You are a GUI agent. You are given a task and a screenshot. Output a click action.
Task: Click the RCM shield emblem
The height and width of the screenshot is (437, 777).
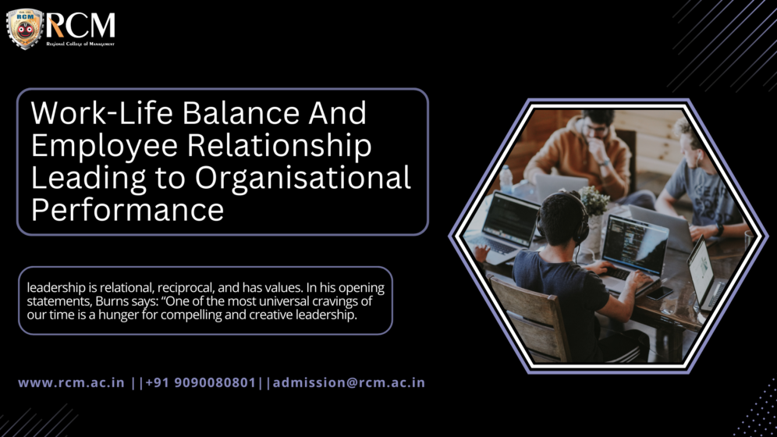coord(25,28)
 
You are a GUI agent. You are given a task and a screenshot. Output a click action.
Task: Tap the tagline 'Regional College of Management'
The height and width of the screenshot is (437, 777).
coord(80,44)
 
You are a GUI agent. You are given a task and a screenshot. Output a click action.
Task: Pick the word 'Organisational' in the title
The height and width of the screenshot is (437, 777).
coord(303,178)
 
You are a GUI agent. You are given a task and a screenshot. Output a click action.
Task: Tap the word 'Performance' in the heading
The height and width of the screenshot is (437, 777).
coord(127,210)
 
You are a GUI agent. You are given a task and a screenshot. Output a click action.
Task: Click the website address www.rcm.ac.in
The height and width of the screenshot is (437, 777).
coord(71,382)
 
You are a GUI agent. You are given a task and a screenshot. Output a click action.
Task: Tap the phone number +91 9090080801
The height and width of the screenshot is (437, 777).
coord(200,382)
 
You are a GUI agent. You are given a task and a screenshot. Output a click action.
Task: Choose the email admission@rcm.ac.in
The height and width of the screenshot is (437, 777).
coord(349,382)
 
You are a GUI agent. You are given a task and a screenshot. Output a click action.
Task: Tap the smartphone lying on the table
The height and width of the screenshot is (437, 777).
coord(660,293)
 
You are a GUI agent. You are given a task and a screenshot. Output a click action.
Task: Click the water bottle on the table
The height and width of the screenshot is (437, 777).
coord(506,179)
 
